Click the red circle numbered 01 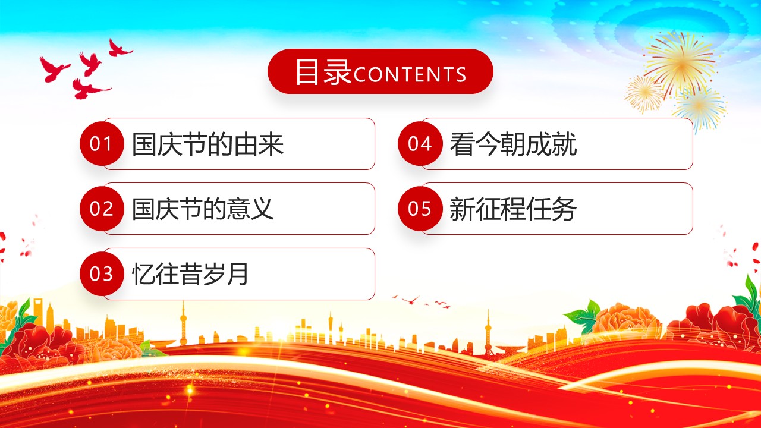pyautogui.click(x=102, y=143)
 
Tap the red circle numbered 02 pyautogui.click(x=102, y=208)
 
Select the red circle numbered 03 pyautogui.click(x=102, y=274)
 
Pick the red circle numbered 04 pyautogui.click(x=420, y=143)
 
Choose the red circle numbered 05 pyautogui.click(x=420, y=208)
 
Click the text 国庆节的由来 pyautogui.click(x=207, y=144)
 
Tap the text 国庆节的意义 pyautogui.click(x=203, y=209)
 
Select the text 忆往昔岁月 pyautogui.click(x=190, y=274)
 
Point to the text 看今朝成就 pyautogui.click(x=513, y=144)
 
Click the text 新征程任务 pyautogui.click(x=513, y=209)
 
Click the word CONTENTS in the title pyautogui.click(x=410, y=75)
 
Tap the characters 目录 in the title pyautogui.click(x=323, y=72)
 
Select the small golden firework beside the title pyautogui.click(x=644, y=94)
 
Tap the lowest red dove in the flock pyautogui.click(x=89, y=89)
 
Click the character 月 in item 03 pyautogui.click(x=238, y=274)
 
